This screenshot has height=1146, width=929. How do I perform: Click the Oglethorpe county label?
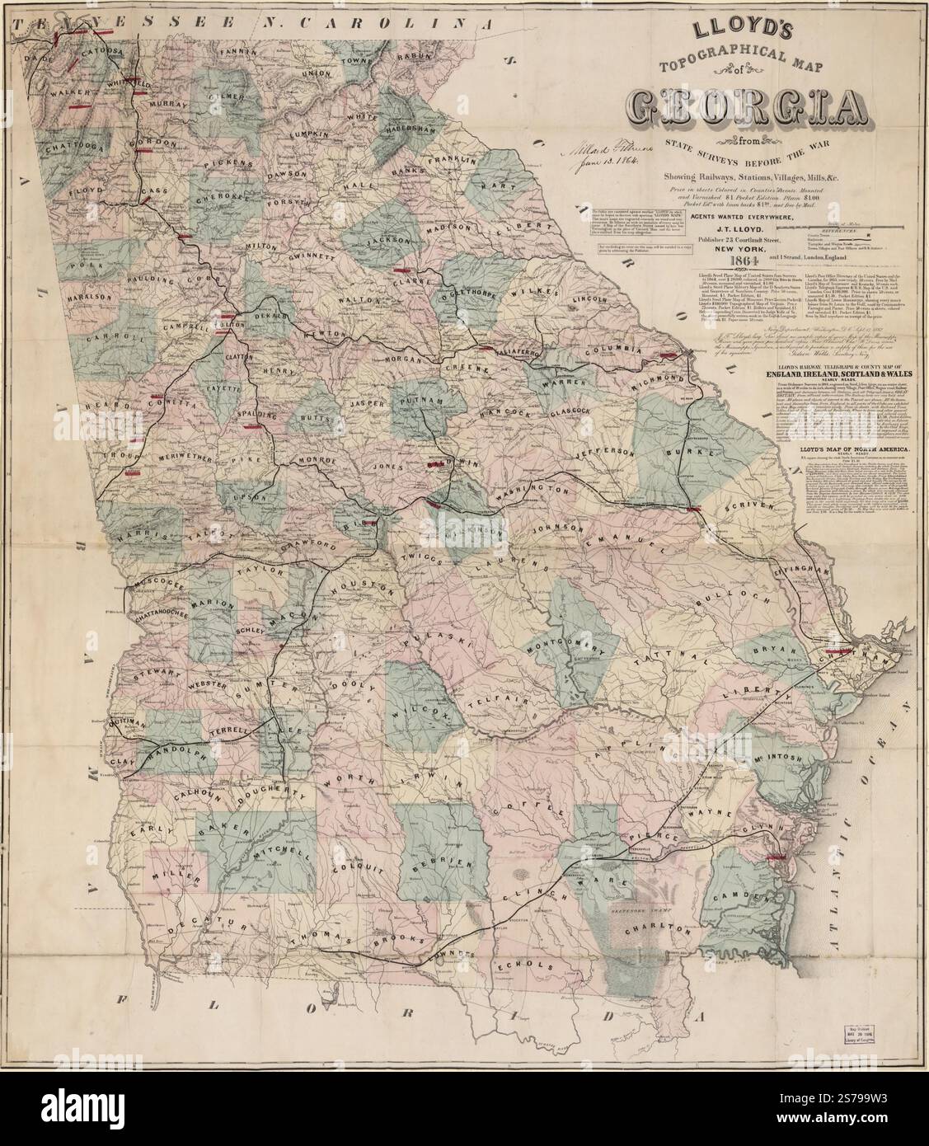tap(470, 294)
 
